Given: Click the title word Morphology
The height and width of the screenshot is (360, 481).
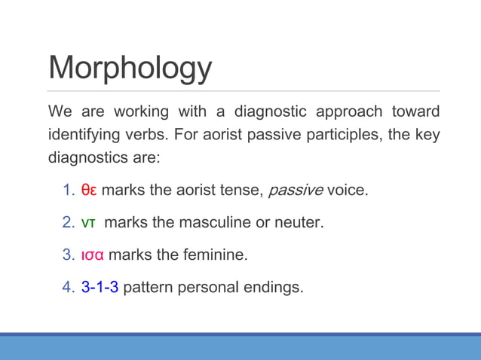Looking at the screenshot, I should [130, 68].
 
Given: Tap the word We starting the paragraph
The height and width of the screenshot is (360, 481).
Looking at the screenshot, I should [60, 112].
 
